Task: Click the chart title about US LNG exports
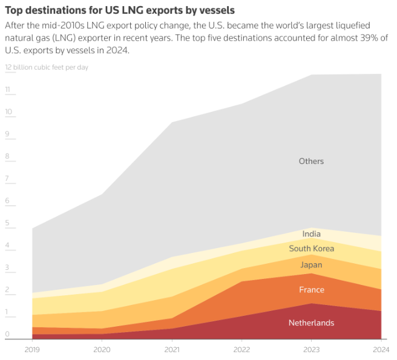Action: tap(120, 10)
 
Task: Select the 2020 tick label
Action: tap(102, 349)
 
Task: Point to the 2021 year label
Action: tap(172, 349)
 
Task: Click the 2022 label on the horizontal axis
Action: tap(241, 349)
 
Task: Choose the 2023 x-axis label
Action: tap(311, 349)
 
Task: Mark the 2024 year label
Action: tap(380, 349)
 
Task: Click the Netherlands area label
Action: tap(311, 323)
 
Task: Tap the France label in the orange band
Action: tap(312, 290)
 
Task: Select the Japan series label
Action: tap(312, 265)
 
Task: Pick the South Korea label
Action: tap(312, 249)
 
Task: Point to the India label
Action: tap(312, 234)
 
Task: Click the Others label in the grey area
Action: tap(312, 162)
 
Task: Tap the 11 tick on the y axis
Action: tap(8, 90)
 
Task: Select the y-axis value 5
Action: tap(7, 223)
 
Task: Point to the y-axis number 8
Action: tap(7, 157)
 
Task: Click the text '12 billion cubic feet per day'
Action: tap(47, 67)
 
